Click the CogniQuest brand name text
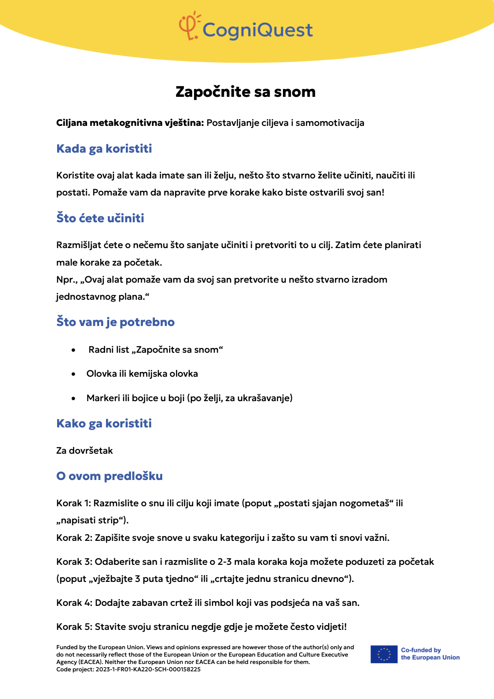tap(258, 30)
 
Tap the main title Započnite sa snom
tap(246, 92)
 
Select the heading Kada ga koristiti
tap(104, 148)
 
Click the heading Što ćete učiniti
tap(100, 218)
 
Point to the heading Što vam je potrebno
tap(115, 322)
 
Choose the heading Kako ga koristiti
tap(104, 423)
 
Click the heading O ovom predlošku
tap(109, 476)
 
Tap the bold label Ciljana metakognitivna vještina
tap(129, 123)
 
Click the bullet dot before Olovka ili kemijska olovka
tap(73, 374)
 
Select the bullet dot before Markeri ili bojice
tap(73, 398)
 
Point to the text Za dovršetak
tap(84, 450)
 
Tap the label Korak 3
tap(74, 562)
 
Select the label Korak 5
tap(74, 627)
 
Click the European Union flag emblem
tap(383, 654)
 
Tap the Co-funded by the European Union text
tap(430, 654)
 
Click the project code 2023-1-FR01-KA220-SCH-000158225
tap(148, 669)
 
